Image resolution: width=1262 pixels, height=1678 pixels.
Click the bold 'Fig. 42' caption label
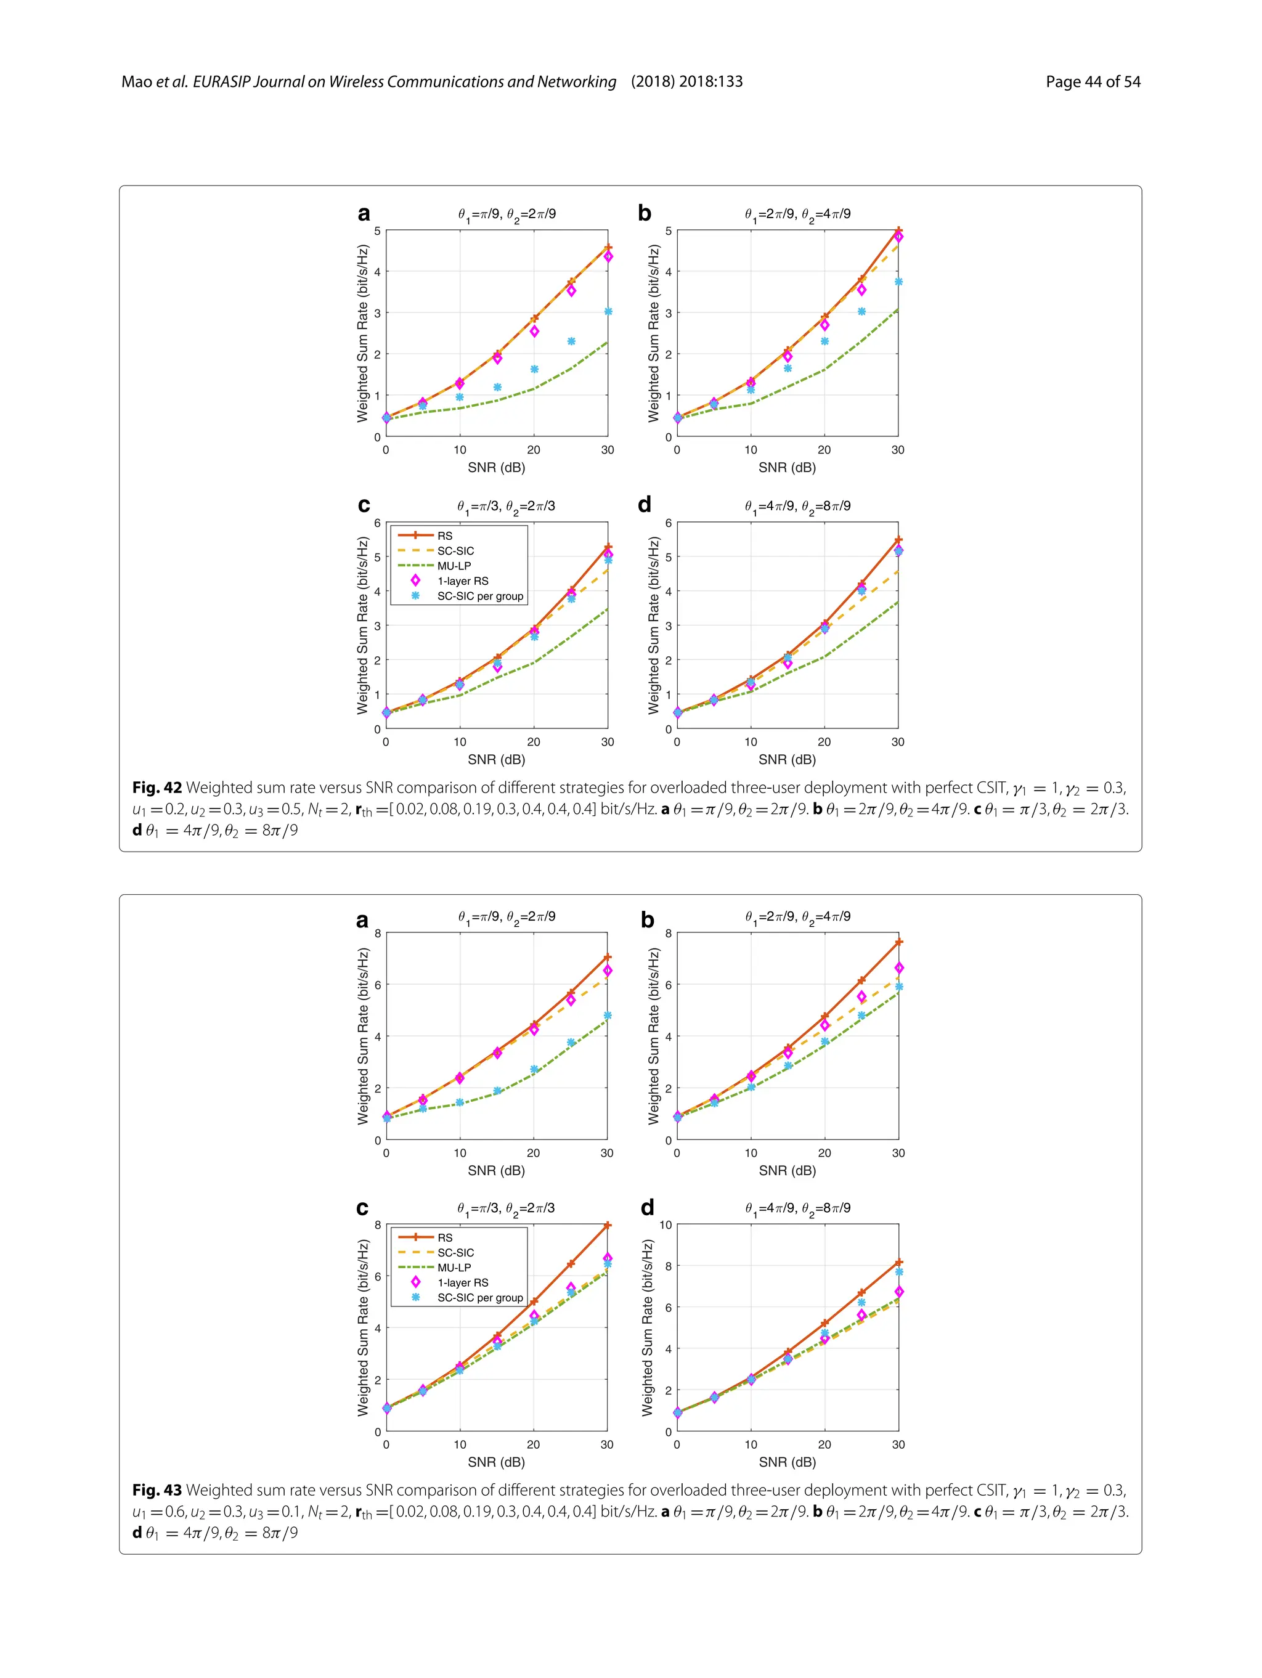(157, 788)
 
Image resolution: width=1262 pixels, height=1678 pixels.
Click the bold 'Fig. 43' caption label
(157, 1490)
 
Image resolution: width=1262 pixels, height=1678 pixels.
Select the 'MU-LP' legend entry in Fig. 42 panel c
(454, 566)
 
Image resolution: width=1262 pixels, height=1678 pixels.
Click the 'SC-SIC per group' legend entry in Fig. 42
(479, 597)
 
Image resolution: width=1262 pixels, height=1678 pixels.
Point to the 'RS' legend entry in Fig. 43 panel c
(444, 1237)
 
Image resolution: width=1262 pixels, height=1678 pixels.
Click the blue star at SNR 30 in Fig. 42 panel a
(608, 312)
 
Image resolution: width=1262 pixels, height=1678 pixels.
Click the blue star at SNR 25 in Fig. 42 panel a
(571, 341)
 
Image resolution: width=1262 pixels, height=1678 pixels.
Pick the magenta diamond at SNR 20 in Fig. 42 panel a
(534, 331)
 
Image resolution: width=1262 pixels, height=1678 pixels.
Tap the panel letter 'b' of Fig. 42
(644, 213)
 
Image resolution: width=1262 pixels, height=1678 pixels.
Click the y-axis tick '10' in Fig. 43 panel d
(665, 1224)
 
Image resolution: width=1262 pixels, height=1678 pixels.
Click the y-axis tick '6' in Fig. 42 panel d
(668, 523)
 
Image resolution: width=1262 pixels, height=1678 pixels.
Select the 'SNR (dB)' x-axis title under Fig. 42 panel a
(496, 467)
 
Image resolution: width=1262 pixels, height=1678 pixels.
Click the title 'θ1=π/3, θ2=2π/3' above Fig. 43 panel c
(505, 1208)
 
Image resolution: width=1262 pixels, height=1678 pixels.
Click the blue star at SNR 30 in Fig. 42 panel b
(898, 282)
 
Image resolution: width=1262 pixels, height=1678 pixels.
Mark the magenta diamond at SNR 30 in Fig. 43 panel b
(898, 968)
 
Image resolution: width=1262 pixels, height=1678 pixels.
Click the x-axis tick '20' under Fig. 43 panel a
(533, 1152)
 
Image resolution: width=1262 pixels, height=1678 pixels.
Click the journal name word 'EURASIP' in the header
(221, 82)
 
